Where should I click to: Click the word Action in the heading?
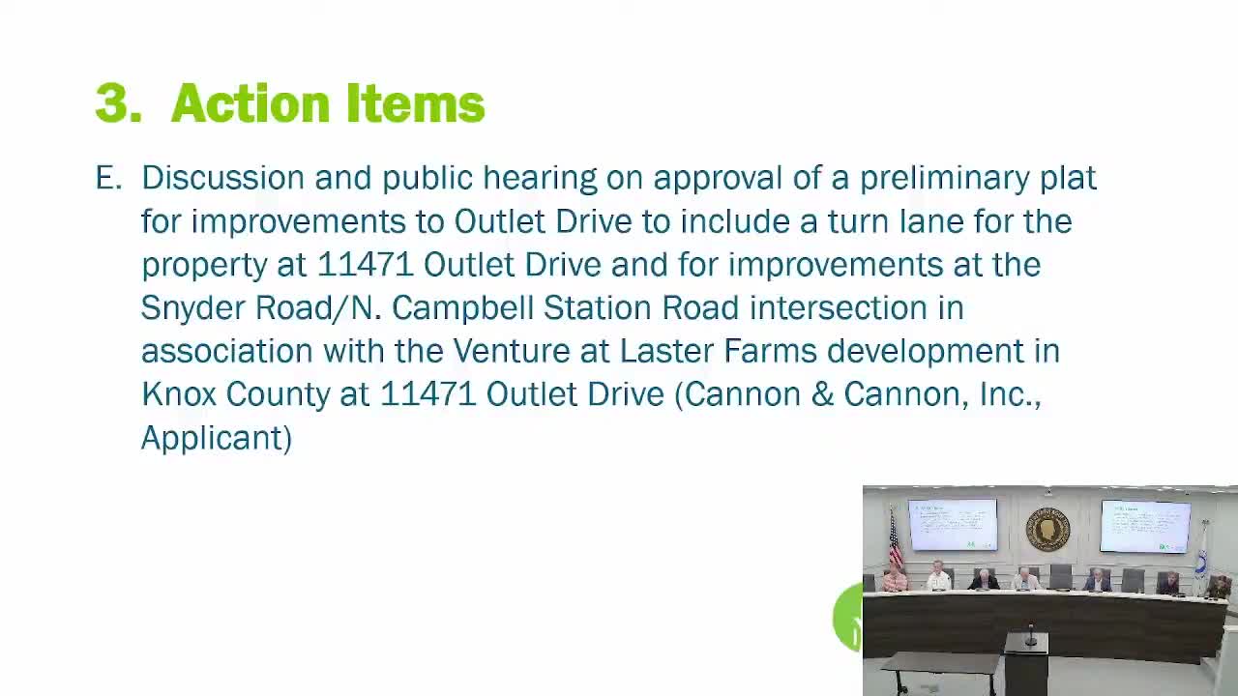(251, 102)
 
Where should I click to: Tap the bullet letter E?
(108, 178)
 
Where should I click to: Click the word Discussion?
(223, 178)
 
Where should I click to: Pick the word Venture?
(512, 351)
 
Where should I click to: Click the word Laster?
(666, 351)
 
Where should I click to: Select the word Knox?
(179, 393)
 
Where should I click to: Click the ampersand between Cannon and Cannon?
(822, 394)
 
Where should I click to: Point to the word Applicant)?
(216, 439)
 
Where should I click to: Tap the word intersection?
(838, 307)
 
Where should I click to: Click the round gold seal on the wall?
(1047, 530)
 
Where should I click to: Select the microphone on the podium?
(1030, 636)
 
